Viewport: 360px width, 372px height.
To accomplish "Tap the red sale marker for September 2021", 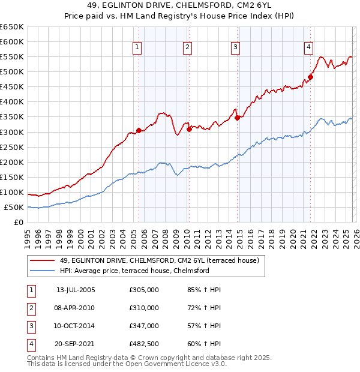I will pos(311,77).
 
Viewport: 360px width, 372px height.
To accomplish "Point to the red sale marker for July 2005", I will pos(139,130).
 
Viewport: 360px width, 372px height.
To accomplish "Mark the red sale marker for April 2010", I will pos(188,128).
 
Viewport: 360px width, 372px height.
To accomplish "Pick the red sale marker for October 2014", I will pos(237,118).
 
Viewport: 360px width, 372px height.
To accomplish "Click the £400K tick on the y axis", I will pos(12,102).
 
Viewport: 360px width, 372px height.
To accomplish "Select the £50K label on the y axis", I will pos(14,207).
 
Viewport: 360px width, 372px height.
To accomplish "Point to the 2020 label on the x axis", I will pos(292,235).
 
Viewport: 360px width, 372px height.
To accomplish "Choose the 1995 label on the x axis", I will pos(28,235).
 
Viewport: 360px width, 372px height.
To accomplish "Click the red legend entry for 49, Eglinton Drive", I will pos(159,260).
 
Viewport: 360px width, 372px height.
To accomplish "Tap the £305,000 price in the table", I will pos(144,290).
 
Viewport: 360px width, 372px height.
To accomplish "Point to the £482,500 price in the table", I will pos(144,344).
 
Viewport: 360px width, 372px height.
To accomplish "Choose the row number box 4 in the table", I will pos(31,344).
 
